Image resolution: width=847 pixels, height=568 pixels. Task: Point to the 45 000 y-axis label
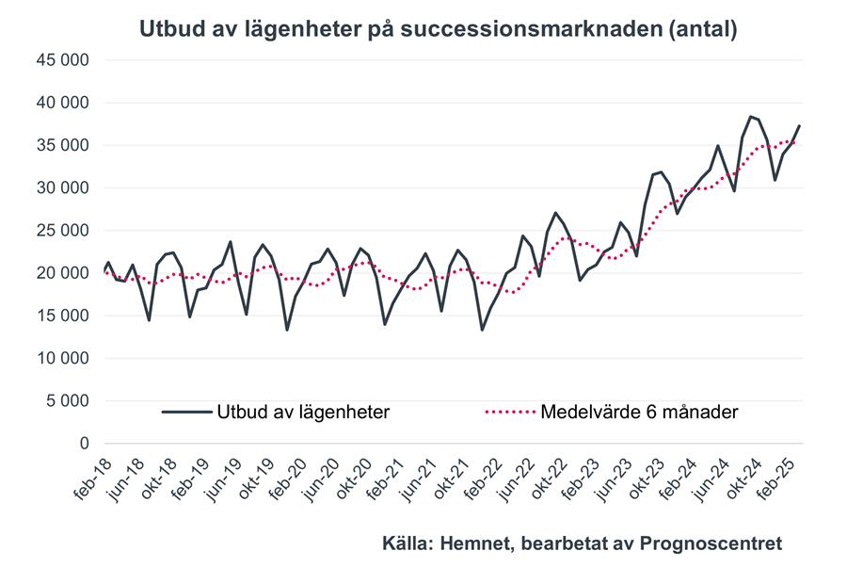[x=62, y=60]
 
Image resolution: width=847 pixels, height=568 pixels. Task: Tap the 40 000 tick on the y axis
[x=62, y=103]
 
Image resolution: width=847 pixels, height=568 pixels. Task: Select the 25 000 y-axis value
[x=62, y=231]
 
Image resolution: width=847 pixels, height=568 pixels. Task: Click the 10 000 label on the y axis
[x=62, y=358]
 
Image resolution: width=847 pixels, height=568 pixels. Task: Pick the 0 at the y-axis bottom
[x=84, y=444]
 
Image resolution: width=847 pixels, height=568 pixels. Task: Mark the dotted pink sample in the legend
[x=509, y=412]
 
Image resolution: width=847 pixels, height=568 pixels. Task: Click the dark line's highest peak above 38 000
[x=750, y=117]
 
